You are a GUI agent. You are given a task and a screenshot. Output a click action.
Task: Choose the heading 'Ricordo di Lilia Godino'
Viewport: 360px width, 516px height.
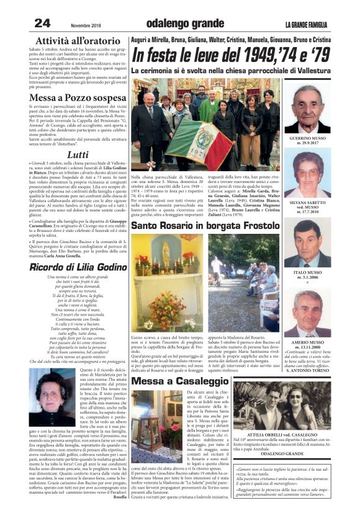pyautogui.click(x=78, y=267)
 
